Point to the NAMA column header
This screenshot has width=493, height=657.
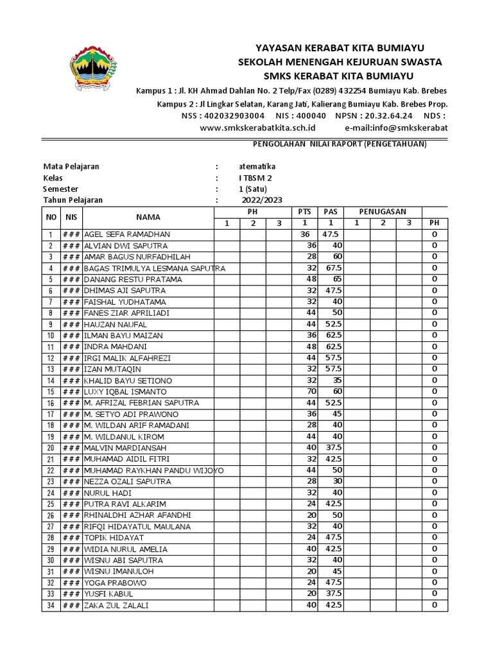click(148, 218)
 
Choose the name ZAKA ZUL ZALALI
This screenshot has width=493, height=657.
click(116, 606)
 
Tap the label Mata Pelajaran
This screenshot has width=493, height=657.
click(71, 166)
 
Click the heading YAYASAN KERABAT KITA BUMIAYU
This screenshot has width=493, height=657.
click(340, 48)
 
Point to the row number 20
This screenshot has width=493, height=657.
click(50, 448)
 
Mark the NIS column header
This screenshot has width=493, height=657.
click(71, 218)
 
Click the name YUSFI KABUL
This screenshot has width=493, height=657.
click(108, 594)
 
